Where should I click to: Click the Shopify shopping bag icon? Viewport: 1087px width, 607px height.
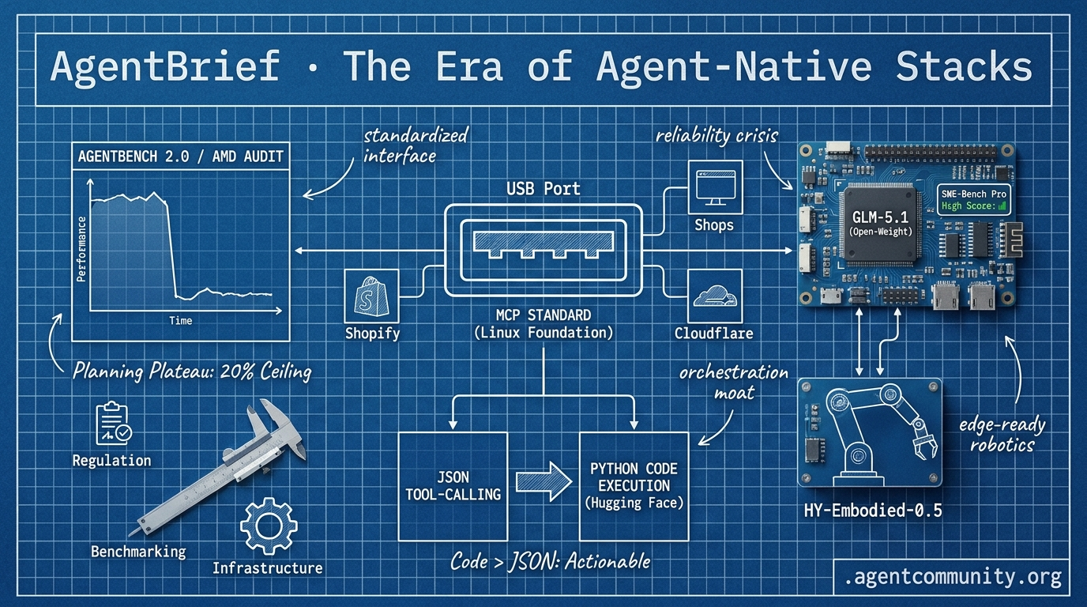pyautogui.click(x=371, y=296)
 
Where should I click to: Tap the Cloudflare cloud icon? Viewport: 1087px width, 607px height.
pyautogui.click(x=715, y=296)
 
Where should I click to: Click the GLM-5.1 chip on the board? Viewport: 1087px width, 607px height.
pyautogui.click(x=881, y=224)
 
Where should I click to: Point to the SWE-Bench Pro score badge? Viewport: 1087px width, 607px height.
pyautogui.click(x=974, y=200)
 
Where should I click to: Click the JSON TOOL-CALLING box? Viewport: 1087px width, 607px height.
pyautogui.click(x=453, y=486)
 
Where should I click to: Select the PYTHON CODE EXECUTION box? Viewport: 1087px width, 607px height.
pyautogui.click(x=634, y=486)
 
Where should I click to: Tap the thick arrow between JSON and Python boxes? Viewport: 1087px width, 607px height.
pyautogui.click(x=544, y=481)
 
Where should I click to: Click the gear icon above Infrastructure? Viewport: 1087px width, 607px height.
pyautogui.click(x=269, y=526)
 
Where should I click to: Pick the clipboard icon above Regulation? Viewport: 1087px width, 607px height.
pyautogui.click(x=114, y=424)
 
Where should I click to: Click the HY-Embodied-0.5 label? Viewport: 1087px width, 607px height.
pyautogui.click(x=873, y=511)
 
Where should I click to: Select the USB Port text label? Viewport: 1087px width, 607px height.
pyautogui.click(x=543, y=188)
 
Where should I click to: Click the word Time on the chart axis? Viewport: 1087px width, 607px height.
pyautogui.click(x=181, y=321)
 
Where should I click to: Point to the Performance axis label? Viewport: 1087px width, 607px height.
pyautogui.click(x=81, y=249)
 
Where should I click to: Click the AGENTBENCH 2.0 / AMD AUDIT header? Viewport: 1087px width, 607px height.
pyautogui.click(x=181, y=156)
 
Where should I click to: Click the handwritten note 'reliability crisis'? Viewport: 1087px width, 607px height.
pyautogui.click(x=717, y=136)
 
